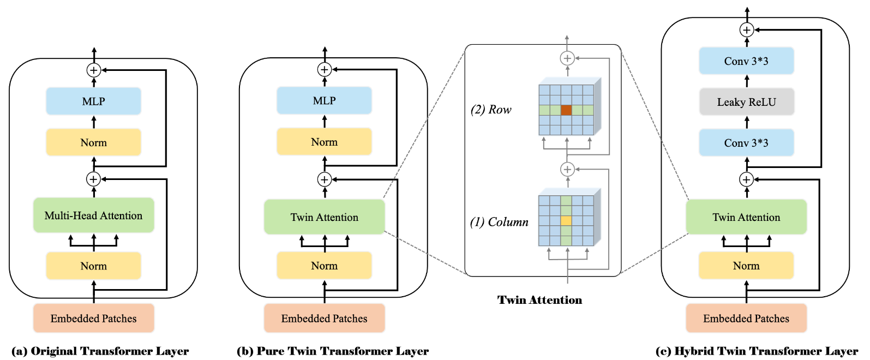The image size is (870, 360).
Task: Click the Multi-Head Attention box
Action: (93, 215)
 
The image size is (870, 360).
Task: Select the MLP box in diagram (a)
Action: (93, 101)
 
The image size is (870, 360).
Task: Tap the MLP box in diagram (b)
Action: (324, 101)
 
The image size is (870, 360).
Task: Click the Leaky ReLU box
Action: (746, 102)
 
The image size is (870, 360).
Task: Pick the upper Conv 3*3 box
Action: (746, 61)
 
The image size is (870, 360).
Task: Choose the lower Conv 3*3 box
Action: (746, 143)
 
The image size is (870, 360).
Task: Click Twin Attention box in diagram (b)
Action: (324, 217)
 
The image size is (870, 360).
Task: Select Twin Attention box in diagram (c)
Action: (746, 217)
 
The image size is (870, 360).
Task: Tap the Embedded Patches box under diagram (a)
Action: (93, 319)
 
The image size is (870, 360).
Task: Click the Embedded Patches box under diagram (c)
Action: (746, 319)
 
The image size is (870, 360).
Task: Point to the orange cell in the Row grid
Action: (566, 110)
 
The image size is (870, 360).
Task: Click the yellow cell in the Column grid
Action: (566, 221)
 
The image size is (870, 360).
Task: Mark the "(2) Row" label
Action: (491, 110)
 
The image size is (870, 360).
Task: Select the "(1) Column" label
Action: (499, 222)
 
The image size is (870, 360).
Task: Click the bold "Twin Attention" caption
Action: (539, 300)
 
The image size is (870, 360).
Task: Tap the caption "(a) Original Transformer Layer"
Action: (100, 351)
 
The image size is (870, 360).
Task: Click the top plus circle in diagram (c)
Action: (747, 30)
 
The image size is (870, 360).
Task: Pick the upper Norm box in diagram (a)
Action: (93, 142)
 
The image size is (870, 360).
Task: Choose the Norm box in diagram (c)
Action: (746, 266)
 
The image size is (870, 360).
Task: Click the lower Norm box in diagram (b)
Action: (324, 266)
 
